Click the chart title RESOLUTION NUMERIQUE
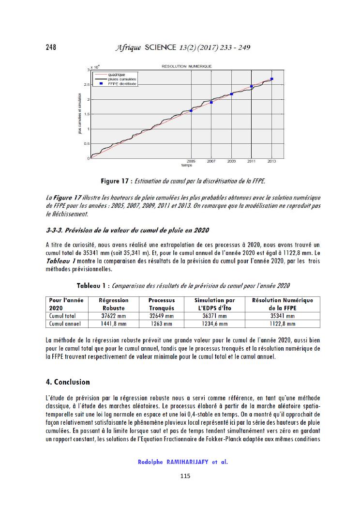(x=186, y=66)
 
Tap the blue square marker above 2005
(x=191, y=110)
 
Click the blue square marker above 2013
(x=272, y=79)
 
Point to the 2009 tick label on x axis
(x=231, y=161)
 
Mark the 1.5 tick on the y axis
(x=87, y=114)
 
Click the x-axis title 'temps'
(x=187, y=165)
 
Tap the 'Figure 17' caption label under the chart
(x=116, y=181)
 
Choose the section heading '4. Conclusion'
(x=68, y=382)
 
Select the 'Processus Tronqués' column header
(x=162, y=304)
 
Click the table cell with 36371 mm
(x=214, y=316)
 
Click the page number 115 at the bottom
(x=185, y=476)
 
